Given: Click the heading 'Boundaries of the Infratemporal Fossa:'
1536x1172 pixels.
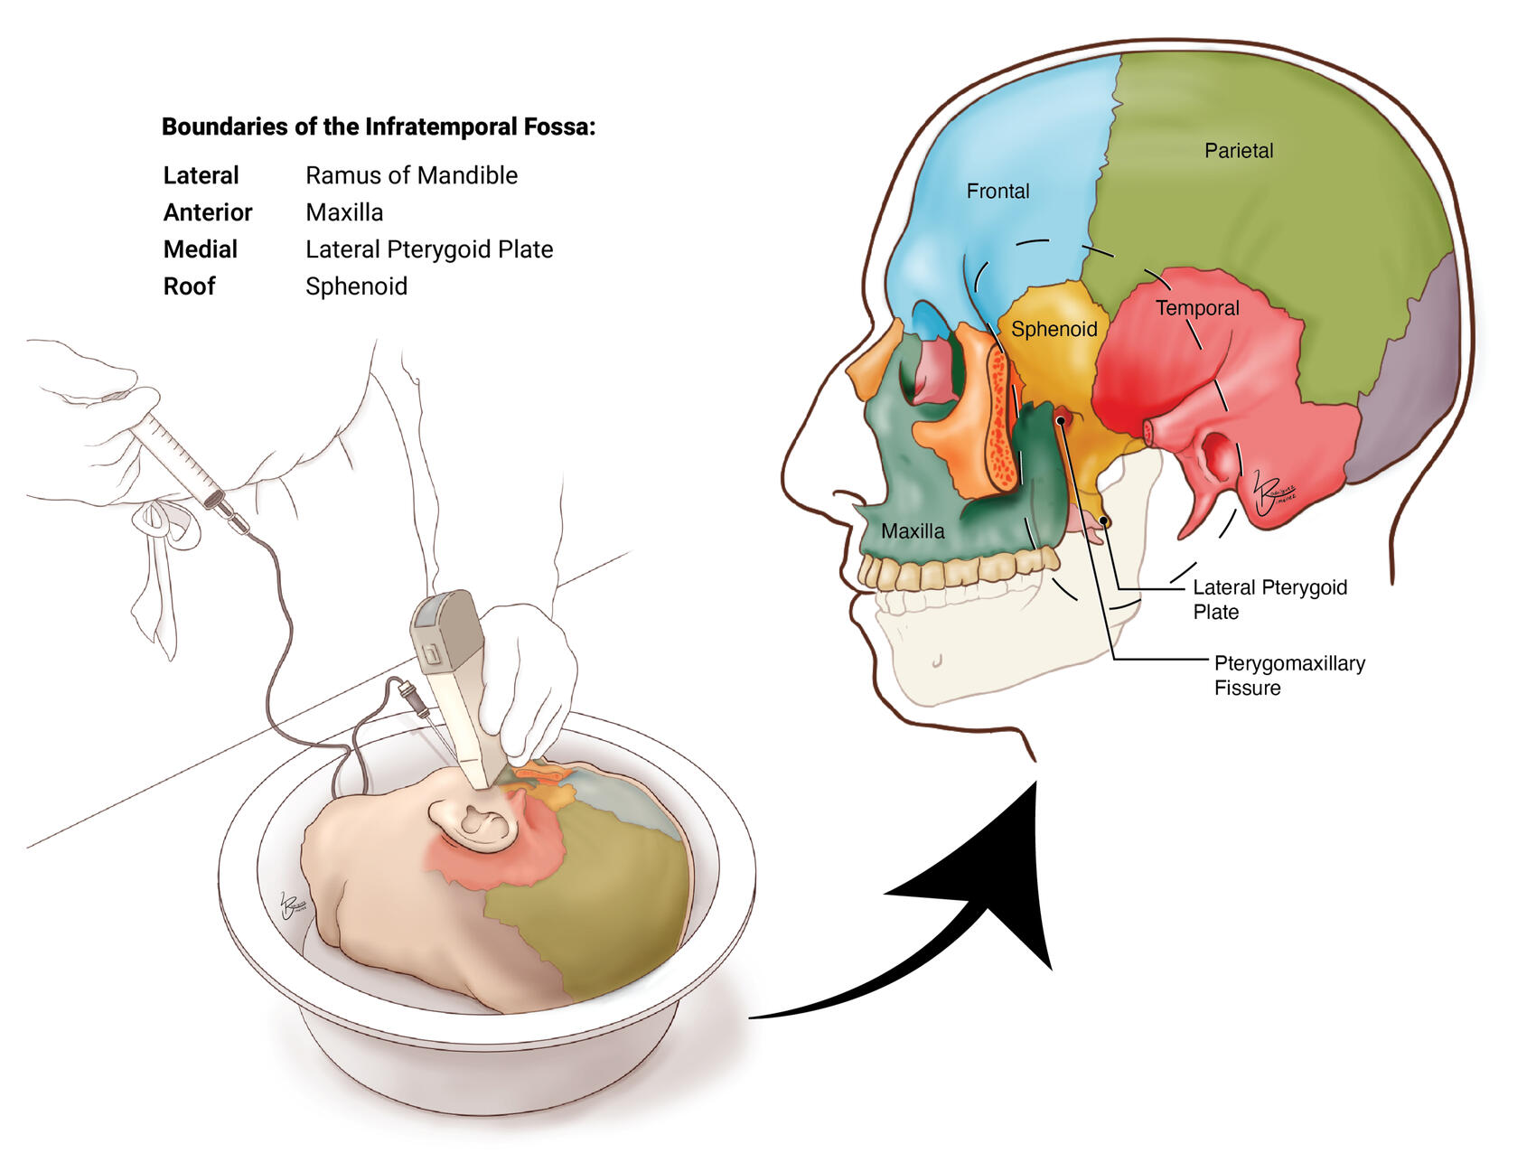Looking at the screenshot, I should click(379, 127).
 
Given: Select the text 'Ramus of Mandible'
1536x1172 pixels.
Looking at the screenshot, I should click(411, 175).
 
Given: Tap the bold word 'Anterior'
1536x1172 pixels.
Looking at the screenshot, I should click(208, 212).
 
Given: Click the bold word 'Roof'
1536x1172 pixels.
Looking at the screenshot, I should click(190, 286).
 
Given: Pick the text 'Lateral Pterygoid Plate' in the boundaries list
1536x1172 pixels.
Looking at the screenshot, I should click(429, 249).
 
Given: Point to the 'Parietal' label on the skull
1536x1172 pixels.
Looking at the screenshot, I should click(1238, 151).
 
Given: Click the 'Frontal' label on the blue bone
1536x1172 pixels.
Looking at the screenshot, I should click(997, 192).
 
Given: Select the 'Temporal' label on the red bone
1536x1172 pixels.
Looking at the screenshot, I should click(1197, 308).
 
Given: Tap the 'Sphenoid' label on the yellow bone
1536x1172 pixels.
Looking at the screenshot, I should click(1054, 329).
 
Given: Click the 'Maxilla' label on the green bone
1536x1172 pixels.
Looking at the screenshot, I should click(913, 531).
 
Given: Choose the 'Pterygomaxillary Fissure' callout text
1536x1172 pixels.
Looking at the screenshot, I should click(1288, 675).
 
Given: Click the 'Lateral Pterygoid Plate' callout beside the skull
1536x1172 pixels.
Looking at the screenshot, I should click(1269, 599).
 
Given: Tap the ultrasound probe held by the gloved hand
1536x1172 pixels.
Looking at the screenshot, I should click(456, 678).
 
